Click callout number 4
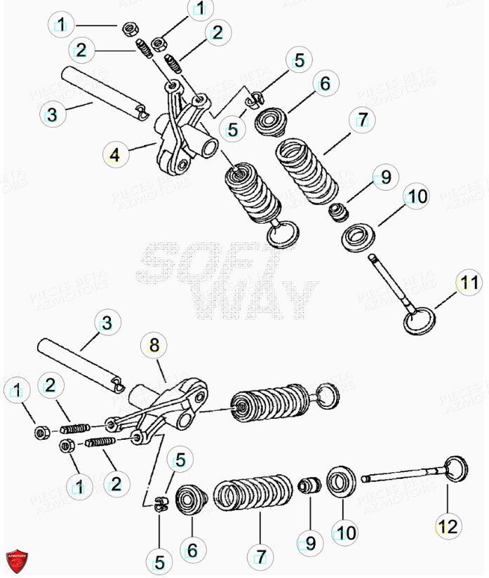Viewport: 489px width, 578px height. coord(115,153)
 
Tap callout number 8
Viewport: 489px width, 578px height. coord(154,344)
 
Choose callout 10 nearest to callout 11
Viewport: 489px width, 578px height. coord(418,197)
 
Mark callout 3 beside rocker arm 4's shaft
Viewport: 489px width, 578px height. coord(52,114)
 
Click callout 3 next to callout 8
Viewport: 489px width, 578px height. coord(106,323)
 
